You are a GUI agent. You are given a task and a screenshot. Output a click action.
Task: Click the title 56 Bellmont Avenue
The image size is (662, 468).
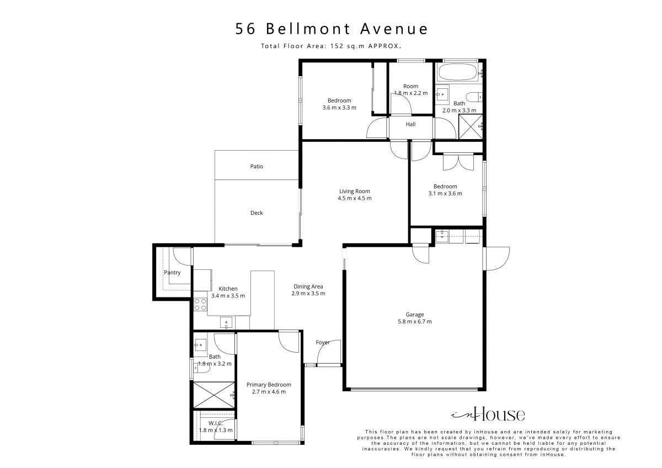point(332,29)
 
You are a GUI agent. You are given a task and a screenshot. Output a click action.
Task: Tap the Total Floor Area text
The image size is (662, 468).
point(331,46)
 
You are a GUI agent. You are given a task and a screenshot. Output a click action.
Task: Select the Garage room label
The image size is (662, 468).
point(415,315)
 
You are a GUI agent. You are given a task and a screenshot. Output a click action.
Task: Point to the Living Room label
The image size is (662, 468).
point(354,192)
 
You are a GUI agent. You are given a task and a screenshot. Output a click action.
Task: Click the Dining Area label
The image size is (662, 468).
point(308,286)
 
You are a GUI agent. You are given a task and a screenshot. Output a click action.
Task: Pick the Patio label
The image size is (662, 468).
point(257,167)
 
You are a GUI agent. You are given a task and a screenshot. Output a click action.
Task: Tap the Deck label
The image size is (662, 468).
point(257,213)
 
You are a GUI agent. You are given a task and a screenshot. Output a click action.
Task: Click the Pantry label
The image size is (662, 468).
point(172,273)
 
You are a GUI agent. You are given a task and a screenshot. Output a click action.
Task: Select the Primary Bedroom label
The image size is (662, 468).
point(269,385)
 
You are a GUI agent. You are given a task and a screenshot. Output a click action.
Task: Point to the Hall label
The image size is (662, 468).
point(410,125)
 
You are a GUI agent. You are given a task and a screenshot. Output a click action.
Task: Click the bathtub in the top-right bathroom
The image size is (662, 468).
point(457,72)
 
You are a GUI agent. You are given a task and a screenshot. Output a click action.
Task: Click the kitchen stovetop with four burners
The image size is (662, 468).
point(200,305)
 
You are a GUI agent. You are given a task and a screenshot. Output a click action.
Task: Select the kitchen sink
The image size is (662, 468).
point(226,322)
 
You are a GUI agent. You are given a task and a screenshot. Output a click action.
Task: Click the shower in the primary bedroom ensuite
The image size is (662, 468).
point(213,395)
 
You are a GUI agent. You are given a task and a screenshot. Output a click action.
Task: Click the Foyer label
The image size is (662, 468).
point(322,342)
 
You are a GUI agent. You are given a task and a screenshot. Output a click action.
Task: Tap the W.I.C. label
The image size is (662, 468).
point(216,423)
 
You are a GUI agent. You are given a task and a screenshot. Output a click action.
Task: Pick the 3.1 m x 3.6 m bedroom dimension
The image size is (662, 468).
point(445,194)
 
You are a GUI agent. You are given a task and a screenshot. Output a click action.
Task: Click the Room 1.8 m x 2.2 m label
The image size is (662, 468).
point(411,89)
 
